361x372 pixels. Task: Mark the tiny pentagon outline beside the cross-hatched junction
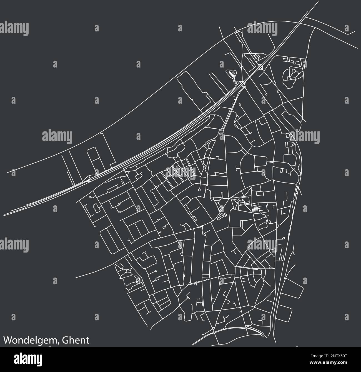click(255, 57)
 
